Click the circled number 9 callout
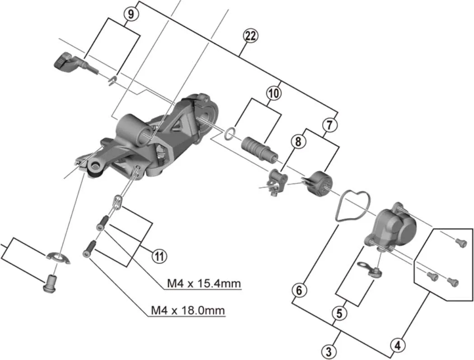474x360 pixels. tap(131, 14)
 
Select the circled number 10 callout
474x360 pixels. tap(273, 94)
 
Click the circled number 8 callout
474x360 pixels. tap(298, 141)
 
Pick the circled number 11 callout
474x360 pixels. tap(158, 256)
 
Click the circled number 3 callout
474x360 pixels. tap(329, 351)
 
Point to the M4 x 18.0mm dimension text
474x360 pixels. tap(188, 311)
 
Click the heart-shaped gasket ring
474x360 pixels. tap(353, 206)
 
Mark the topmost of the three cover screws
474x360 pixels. tap(460, 243)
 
